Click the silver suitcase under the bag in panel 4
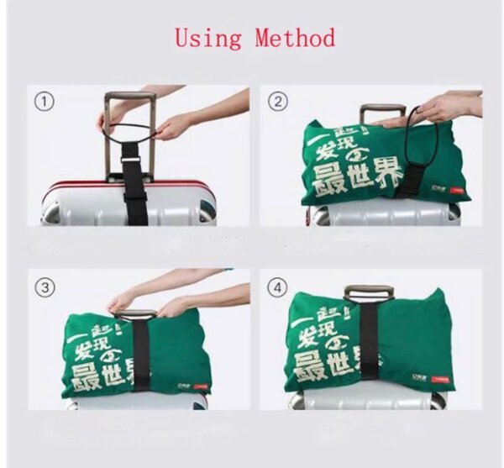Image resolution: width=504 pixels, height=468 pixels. point(370,401)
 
